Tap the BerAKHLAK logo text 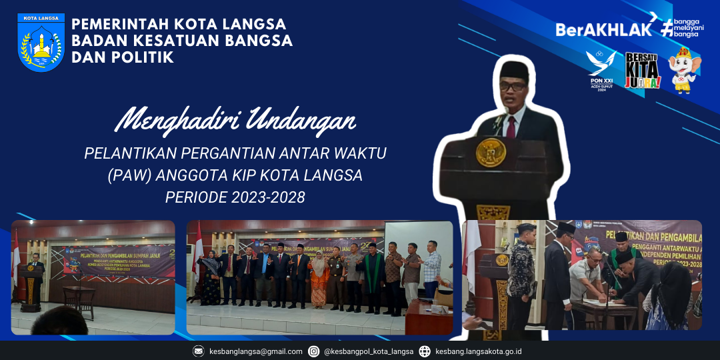[x=603, y=29]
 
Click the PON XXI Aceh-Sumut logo [x=601, y=70]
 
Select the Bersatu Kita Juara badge [x=642, y=71]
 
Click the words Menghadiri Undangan [x=235, y=120]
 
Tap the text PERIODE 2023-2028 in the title [x=235, y=197]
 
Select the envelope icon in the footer [x=199, y=351]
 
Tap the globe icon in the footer [x=425, y=351]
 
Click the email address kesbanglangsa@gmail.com [x=256, y=351]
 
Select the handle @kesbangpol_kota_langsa [x=369, y=351]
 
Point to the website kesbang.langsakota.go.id [x=478, y=351]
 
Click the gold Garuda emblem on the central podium [x=490, y=152]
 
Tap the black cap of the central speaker [x=514, y=68]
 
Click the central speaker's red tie [x=511, y=126]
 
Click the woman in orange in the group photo [x=319, y=280]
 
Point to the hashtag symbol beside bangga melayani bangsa [x=667, y=27]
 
